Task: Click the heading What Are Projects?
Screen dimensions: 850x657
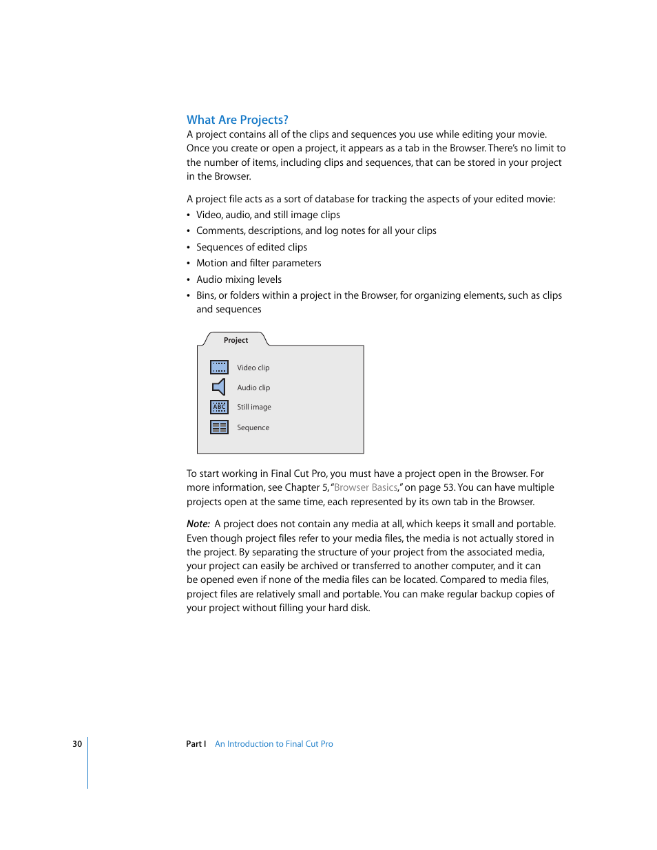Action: click(237, 120)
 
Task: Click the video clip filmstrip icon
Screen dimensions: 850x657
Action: click(219, 367)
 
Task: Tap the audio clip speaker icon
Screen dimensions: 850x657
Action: click(219, 387)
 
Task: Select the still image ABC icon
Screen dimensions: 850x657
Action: click(219, 407)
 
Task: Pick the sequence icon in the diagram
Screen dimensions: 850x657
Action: click(219, 427)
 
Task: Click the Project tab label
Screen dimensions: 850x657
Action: click(236, 340)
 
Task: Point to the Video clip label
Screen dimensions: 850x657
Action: click(253, 368)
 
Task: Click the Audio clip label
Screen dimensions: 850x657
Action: click(253, 387)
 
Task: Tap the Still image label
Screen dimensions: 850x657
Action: click(254, 407)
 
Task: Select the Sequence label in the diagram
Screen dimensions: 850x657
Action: click(253, 427)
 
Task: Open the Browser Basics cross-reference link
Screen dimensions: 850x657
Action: click(366, 487)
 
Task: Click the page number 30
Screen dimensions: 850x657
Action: click(77, 744)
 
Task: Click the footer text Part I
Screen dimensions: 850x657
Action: click(196, 744)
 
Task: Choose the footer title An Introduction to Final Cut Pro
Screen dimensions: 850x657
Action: click(273, 744)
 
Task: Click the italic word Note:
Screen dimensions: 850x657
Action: click(198, 524)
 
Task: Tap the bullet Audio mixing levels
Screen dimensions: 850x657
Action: click(238, 279)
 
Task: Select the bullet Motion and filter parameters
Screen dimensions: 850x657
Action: click(258, 263)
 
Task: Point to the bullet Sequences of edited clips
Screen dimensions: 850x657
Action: click(251, 247)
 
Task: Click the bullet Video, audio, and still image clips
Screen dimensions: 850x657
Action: click(268, 215)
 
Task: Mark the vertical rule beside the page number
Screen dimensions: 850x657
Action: click(88, 763)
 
